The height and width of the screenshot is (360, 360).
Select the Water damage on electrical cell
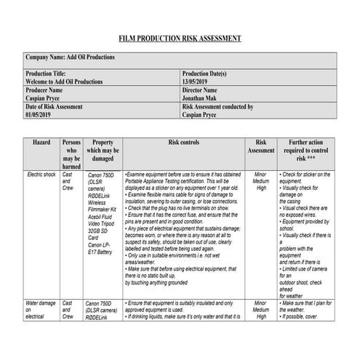tap(41, 309)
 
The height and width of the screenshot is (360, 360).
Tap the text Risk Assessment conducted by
tap(217, 106)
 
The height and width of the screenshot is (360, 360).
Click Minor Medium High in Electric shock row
tap(261, 182)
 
